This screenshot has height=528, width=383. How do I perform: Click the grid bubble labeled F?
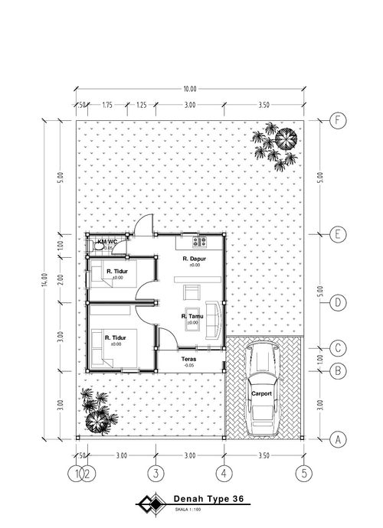coord(336,120)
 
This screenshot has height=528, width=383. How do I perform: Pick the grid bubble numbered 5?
coord(305,474)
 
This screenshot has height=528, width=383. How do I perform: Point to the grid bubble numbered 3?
coord(155,474)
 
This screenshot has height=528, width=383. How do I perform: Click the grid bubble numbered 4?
coord(224,474)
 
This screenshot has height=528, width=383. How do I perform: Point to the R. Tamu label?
coord(191,317)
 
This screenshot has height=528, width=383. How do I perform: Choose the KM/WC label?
coord(105,243)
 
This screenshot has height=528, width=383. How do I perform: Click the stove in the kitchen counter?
coord(198,243)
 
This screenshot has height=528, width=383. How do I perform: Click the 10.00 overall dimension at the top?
coord(190,89)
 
